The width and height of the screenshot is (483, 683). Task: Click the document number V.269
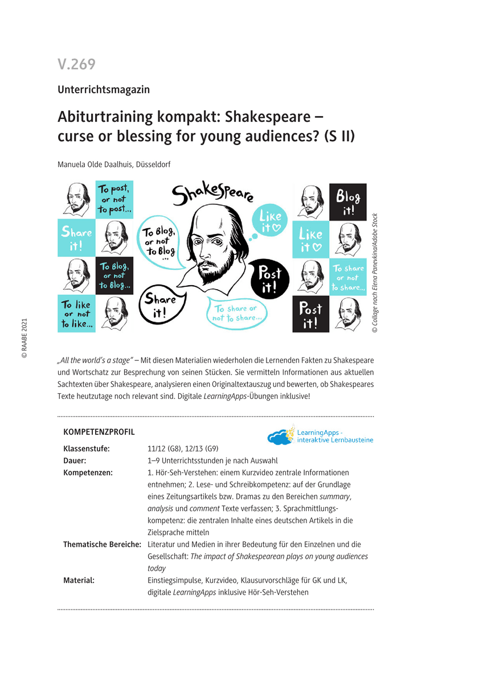click(76, 64)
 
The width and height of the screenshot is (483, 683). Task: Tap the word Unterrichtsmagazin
click(103, 89)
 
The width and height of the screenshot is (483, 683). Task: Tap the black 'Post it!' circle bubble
click(270, 279)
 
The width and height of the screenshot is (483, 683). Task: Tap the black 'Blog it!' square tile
click(347, 202)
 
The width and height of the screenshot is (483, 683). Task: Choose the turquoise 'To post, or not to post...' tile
click(114, 199)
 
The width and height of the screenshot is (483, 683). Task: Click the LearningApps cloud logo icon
click(280, 437)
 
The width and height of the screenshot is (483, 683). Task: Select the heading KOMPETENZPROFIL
click(99, 432)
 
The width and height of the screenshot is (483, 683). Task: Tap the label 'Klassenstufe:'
click(87, 449)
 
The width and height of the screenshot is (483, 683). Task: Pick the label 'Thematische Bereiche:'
click(102, 545)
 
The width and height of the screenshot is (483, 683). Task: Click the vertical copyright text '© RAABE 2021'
click(24, 338)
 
